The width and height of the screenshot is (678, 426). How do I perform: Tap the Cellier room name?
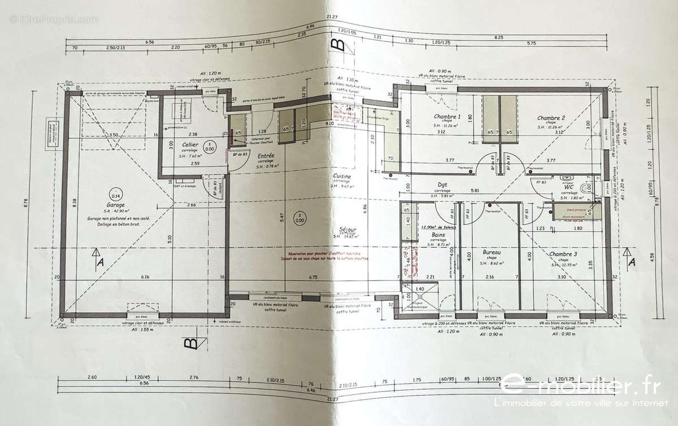(190, 145)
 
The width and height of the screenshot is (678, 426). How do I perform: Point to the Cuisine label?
(342, 177)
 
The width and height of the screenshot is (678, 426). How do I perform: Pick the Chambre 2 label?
(551, 118)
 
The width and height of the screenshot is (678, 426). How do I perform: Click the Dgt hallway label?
(444, 184)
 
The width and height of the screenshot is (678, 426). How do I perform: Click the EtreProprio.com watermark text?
(54, 19)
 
